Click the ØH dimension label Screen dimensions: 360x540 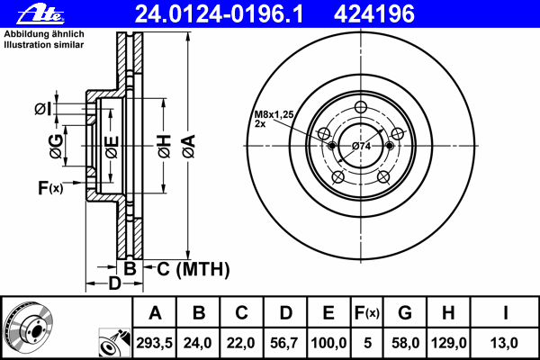coord(163,148)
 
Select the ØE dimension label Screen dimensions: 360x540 coord(111,147)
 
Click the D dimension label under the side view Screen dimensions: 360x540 coord(114,284)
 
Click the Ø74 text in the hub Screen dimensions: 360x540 coord(363,146)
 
